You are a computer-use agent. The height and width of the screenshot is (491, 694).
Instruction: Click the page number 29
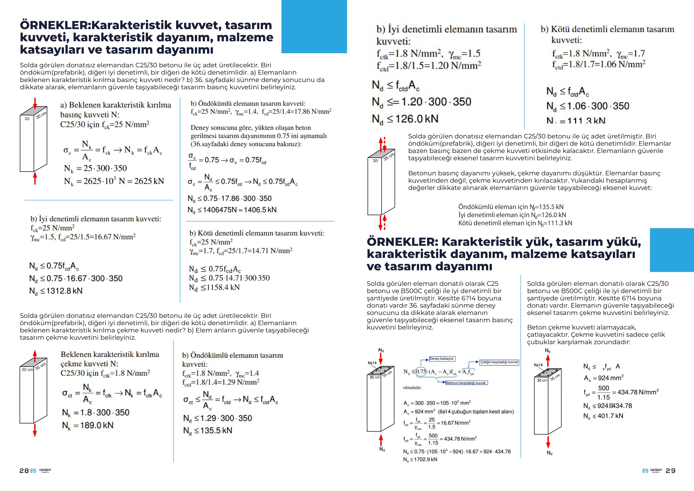670,471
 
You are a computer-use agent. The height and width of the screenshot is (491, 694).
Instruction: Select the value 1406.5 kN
260,210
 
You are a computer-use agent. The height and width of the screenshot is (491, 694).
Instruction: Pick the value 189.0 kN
97,425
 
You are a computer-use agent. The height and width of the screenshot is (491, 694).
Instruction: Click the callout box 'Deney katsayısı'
442,359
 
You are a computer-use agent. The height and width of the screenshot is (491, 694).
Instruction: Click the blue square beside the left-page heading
314,27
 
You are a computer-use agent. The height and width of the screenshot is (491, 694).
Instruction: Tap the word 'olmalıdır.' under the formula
412,388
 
